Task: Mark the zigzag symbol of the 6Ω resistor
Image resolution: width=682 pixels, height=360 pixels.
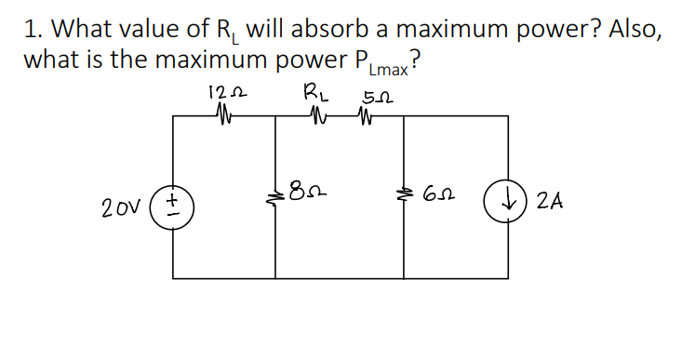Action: pos(402,194)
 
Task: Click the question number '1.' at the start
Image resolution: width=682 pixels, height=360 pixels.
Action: pos(33,29)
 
